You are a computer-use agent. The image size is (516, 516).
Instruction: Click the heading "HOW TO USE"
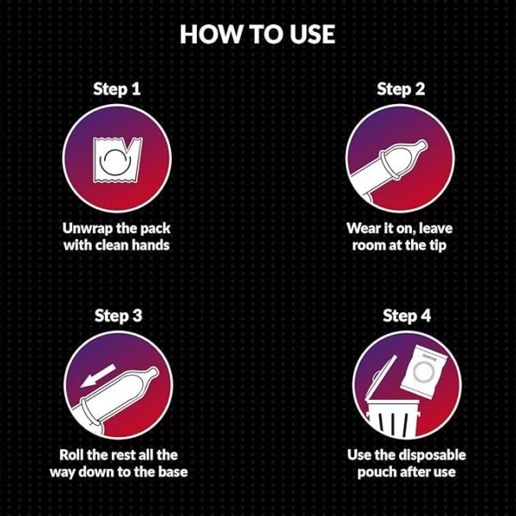(x=257, y=34)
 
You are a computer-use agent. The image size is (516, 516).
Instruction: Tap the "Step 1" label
(x=117, y=89)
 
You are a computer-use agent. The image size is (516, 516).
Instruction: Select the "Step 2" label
(x=401, y=89)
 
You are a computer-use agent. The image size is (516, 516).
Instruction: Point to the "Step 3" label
(x=118, y=316)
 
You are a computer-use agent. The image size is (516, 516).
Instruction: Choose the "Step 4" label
(x=407, y=316)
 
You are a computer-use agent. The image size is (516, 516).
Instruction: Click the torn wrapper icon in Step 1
(x=118, y=160)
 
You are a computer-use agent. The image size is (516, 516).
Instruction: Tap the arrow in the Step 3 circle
(x=98, y=376)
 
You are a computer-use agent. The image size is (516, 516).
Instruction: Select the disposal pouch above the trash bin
(x=423, y=372)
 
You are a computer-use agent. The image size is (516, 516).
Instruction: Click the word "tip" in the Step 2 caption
(x=438, y=245)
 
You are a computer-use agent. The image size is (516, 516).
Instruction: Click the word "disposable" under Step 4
(x=433, y=456)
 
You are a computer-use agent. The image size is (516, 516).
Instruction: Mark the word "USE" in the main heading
(x=312, y=34)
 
